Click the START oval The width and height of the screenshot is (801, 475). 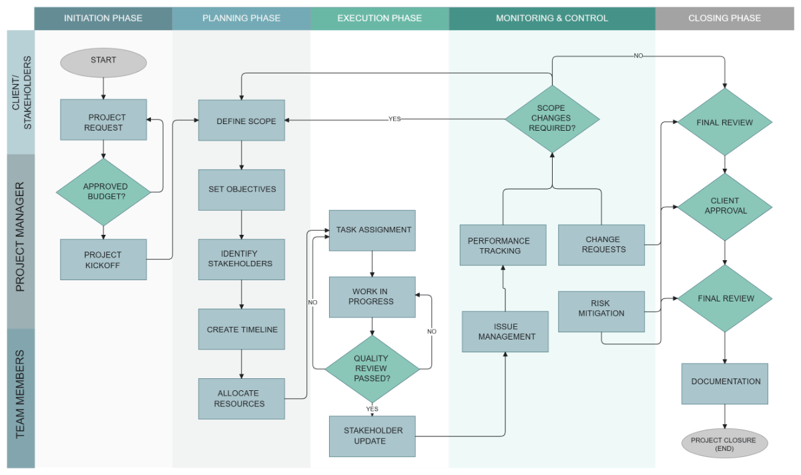coord(103,61)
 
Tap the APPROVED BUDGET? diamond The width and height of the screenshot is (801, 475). coord(103,191)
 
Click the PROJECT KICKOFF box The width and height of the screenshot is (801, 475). coord(103,260)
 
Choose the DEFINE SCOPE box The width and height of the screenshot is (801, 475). coord(242,121)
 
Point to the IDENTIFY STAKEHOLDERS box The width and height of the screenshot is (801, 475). coord(242,259)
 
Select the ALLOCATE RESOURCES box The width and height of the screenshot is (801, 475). coord(242,398)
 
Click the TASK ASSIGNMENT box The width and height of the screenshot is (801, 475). coord(372,230)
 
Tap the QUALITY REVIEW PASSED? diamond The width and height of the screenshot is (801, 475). coord(372,368)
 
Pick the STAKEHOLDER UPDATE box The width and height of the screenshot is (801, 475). coord(372,436)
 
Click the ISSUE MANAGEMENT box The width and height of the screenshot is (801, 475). coord(505,332)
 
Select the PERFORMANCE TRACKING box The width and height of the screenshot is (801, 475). coord(503,245)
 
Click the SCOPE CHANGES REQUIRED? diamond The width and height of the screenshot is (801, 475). coord(552,118)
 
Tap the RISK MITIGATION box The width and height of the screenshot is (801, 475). coord(601,312)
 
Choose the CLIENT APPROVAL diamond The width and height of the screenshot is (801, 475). coord(725,206)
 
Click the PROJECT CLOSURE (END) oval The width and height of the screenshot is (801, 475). coord(725,444)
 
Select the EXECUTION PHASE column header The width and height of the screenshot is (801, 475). coord(379,18)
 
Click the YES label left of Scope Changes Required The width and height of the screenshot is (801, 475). coord(394,119)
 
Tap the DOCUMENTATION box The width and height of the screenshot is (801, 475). coord(725,383)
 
